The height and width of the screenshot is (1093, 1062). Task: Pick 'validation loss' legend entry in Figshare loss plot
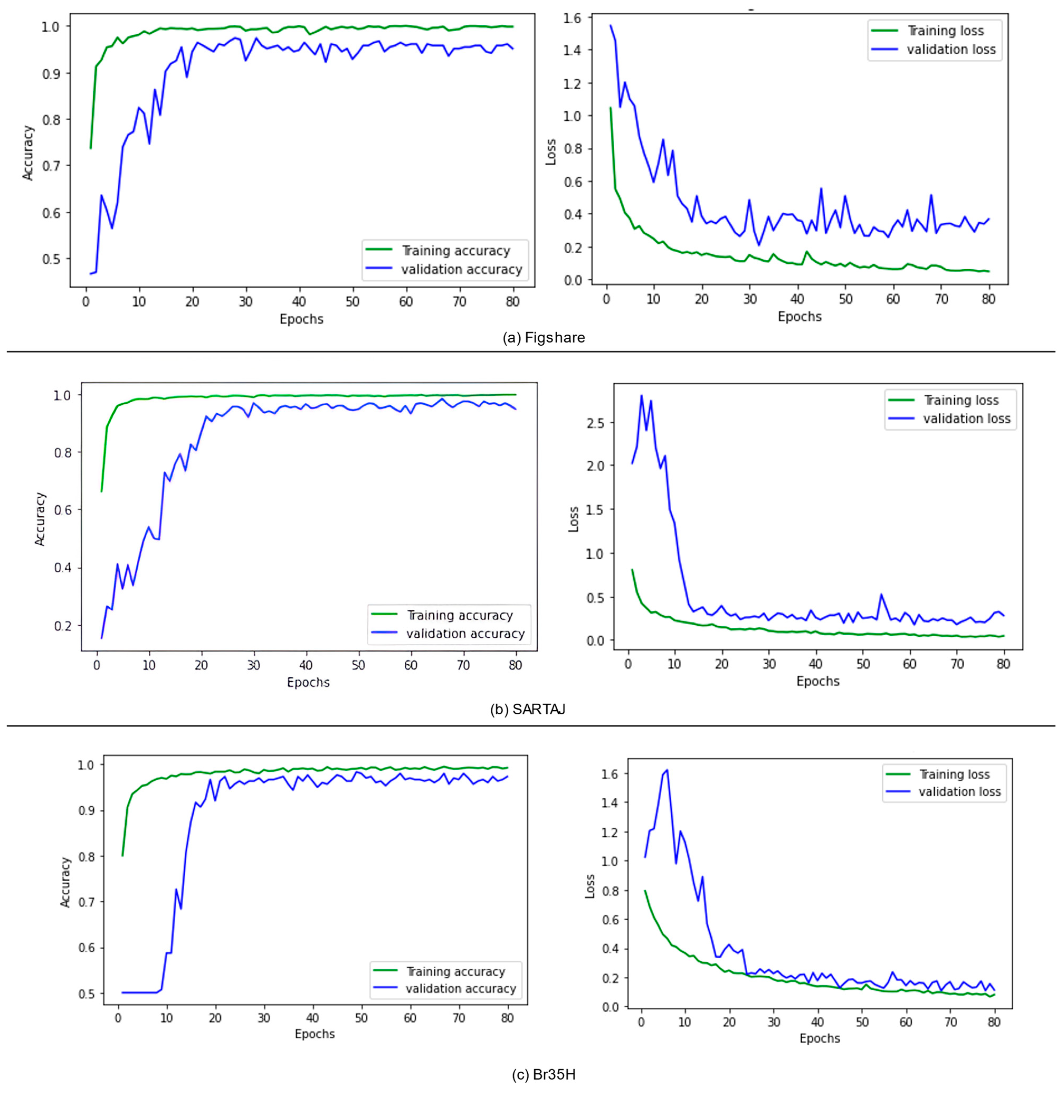click(951, 50)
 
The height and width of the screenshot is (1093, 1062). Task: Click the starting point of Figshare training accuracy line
click(90, 148)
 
